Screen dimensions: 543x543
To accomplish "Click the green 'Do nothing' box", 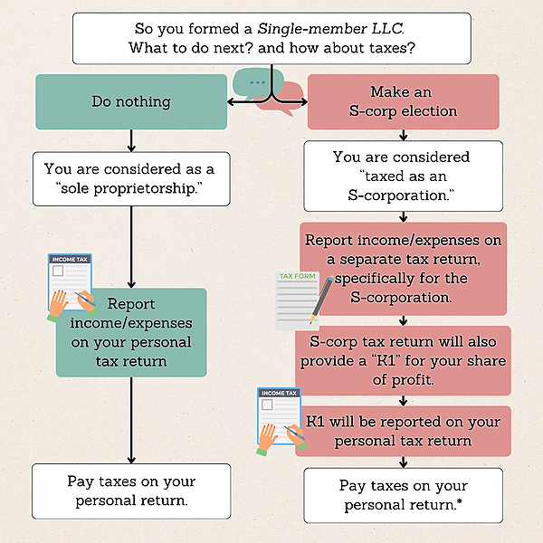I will [x=131, y=101].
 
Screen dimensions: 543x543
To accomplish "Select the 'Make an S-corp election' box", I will [x=402, y=102].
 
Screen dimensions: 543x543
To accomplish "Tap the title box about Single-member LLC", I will [x=271, y=38].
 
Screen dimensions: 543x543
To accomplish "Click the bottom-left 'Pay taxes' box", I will [x=131, y=491].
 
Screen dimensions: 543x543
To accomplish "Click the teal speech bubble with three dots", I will [x=258, y=83].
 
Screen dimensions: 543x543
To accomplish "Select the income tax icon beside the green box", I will [x=71, y=288].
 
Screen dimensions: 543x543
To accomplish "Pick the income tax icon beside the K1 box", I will [x=280, y=419].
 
